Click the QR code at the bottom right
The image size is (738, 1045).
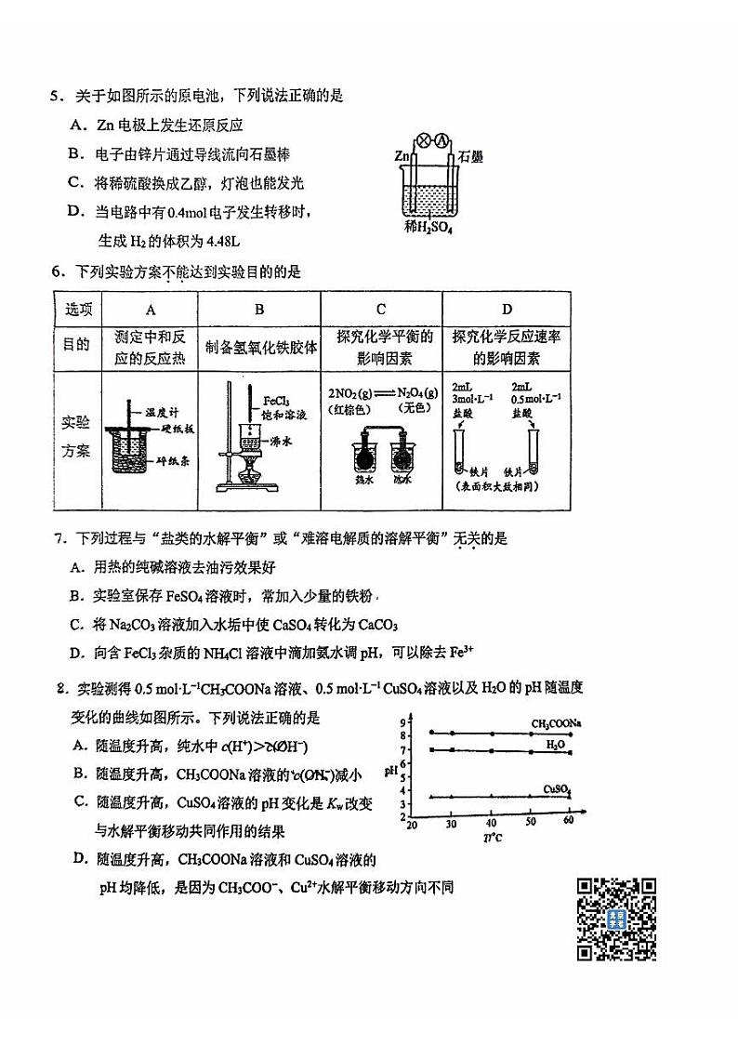point(616,919)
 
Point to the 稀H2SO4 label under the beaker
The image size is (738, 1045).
point(428,227)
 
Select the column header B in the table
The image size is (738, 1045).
point(259,310)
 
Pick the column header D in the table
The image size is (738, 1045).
point(507,310)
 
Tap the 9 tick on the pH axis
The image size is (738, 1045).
point(404,722)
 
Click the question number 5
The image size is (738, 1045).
point(55,95)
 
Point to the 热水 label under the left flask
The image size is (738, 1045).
point(363,481)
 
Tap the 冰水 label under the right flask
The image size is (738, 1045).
point(402,481)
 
